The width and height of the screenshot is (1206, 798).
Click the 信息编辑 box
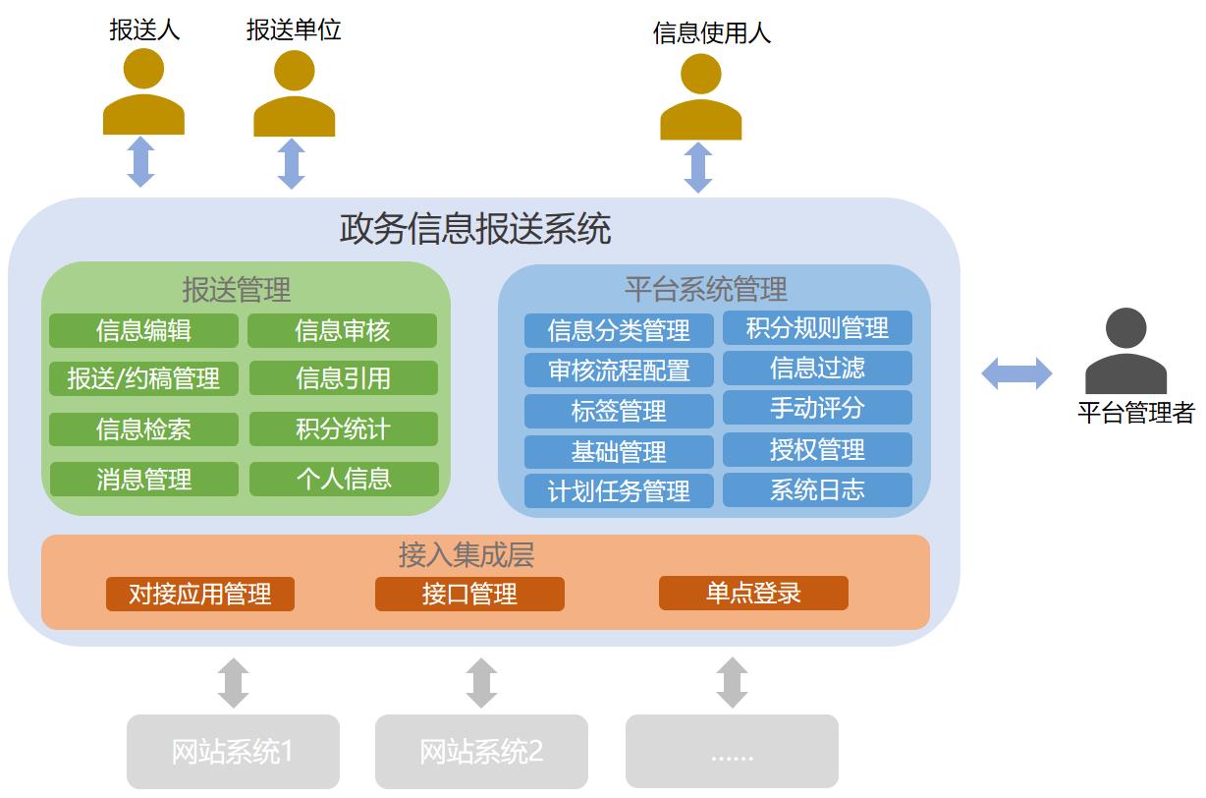tap(143, 331)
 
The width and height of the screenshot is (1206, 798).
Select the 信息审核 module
tap(342, 331)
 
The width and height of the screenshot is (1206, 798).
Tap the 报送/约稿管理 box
tap(143, 378)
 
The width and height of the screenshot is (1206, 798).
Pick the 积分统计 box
tap(343, 429)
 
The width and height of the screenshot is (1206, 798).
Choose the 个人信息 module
tap(344, 480)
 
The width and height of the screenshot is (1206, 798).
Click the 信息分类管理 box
tap(619, 330)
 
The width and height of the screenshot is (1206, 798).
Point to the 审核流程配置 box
tap(619, 370)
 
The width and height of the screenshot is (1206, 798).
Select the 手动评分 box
tap(817, 408)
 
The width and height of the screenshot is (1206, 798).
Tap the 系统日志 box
tap(817, 490)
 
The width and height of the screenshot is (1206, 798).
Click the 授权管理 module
tap(817, 450)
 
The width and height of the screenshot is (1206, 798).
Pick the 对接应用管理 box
tap(200, 594)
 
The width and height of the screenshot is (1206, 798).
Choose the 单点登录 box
tap(753, 593)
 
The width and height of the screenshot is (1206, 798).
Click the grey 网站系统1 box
tap(233, 752)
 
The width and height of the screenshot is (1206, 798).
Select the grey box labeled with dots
tap(732, 752)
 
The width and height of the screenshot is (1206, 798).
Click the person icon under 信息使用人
tap(700, 97)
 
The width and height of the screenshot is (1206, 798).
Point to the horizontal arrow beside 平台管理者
tap(1016, 373)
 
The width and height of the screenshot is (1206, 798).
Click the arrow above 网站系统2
tap(481, 683)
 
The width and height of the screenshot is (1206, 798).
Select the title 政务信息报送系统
tap(475, 229)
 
